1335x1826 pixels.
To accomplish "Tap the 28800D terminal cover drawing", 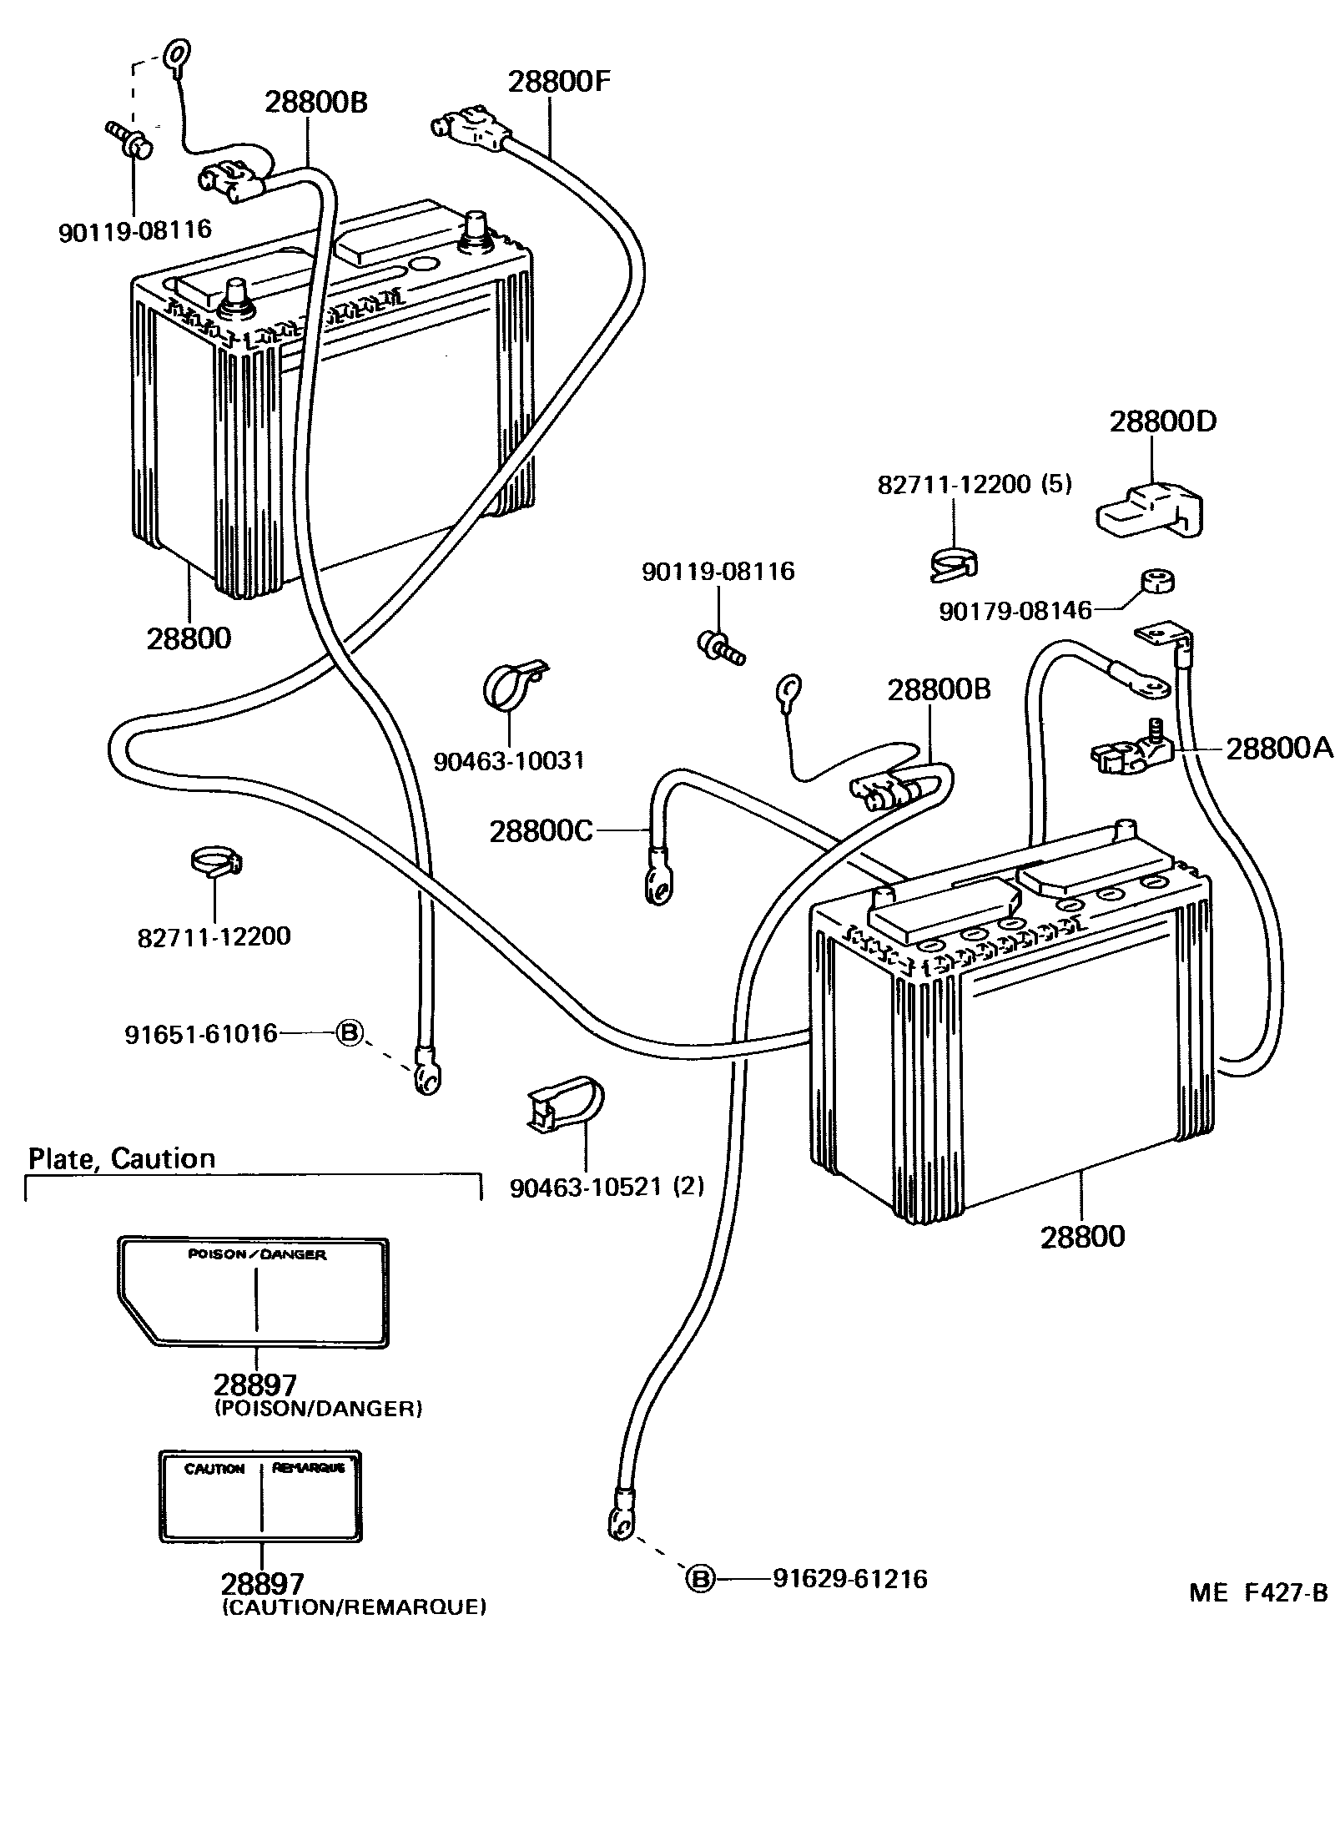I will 1152,510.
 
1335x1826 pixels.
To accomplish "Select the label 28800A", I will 1278,749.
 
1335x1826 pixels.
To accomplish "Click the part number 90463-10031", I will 509,760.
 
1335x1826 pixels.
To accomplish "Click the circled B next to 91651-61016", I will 350,1034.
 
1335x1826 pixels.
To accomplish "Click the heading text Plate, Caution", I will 122,1158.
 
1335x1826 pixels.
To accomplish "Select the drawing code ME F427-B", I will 1258,1592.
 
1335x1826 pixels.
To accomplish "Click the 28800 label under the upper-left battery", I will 189,638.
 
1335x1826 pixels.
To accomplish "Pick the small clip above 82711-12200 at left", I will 216,860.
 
